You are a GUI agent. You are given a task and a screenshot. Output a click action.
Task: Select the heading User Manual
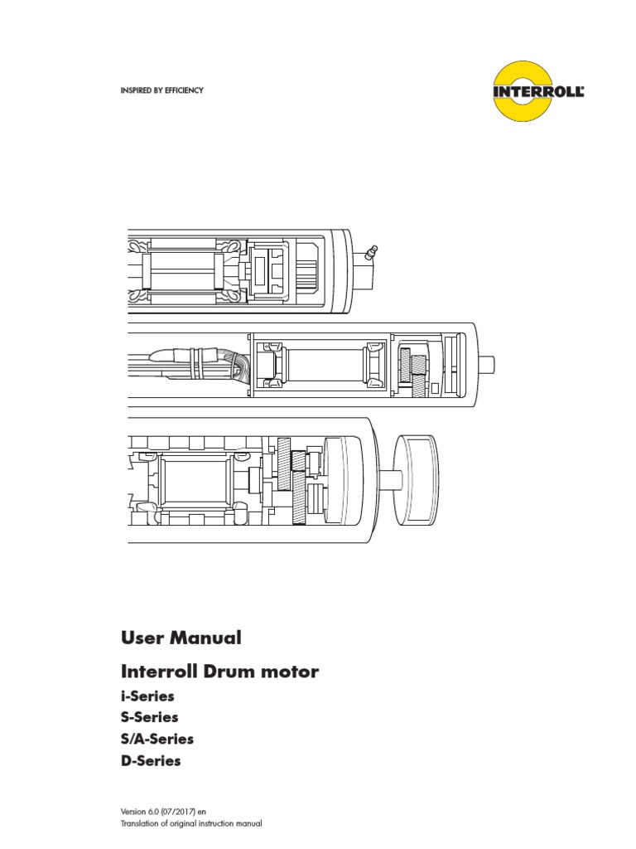click(181, 638)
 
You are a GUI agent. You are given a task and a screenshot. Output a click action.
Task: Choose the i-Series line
click(147, 696)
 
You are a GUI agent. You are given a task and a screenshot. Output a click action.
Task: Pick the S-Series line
click(149, 717)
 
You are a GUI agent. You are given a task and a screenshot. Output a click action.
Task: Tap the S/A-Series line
click(157, 739)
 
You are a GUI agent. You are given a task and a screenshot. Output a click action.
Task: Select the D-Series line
click(151, 761)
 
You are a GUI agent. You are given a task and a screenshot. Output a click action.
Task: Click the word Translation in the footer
click(139, 823)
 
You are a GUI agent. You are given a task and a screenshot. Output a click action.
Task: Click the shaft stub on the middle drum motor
click(485, 365)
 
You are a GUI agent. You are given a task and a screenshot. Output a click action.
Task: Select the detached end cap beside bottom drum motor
click(417, 480)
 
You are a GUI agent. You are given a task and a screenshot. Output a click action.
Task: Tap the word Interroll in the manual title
click(160, 672)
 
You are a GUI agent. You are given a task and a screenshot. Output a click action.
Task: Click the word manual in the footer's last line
click(249, 823)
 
